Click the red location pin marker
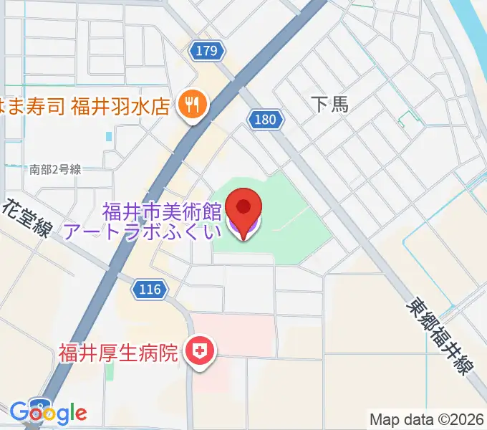coord(243,209)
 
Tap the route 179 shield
coord(205,50)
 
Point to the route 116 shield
coord(150,290)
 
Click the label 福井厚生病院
coord(119,352)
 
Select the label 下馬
coord(331,105)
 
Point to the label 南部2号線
coord(55,170)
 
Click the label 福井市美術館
coord(162,211)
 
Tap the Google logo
coord(48,412)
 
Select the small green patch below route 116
coord(109,371)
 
